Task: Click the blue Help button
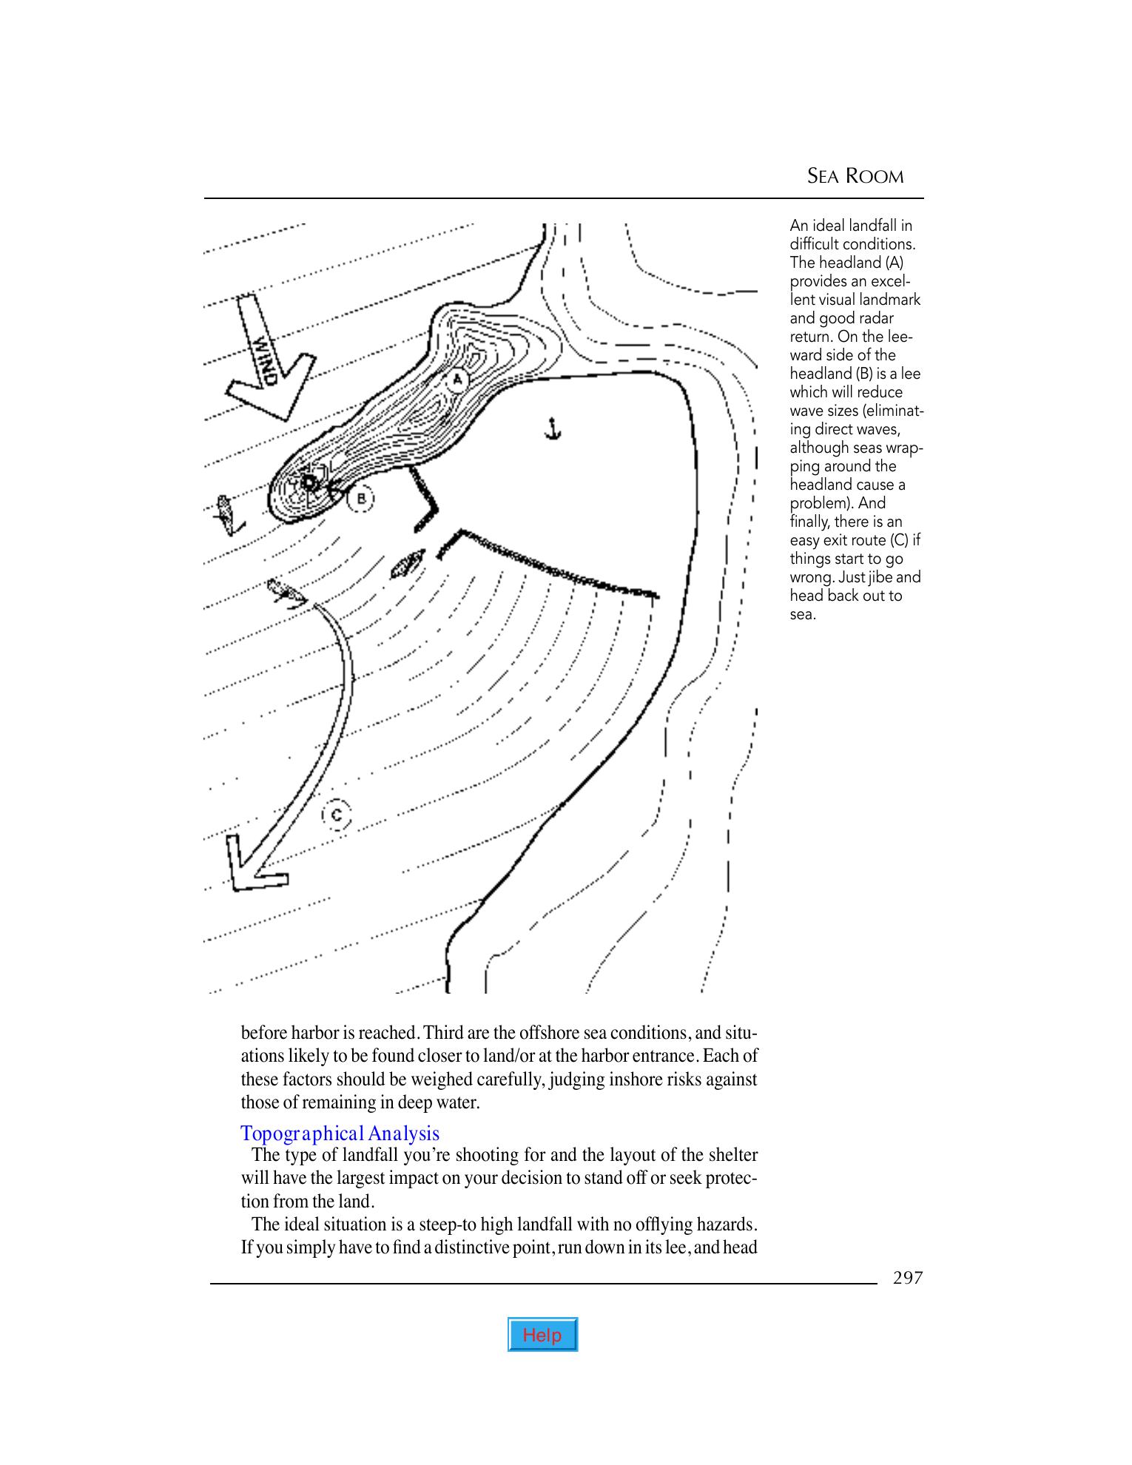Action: pyautogui.click(x=542, y=1334)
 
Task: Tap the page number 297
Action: pyautogui.click(x=908, y=1277)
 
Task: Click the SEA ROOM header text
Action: pyautogui.click(x=855, y=176)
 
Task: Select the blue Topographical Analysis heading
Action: pyautogui.click(x=340, y=1133)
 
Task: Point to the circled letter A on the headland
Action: pyautogui.click(x=457, y=380)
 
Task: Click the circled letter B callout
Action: pyautogui.click(x=361, y=498)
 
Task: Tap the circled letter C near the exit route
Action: pyautogui.click(x=337, y=815)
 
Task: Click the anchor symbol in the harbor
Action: pyautogui.click(x=551, y=428)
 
